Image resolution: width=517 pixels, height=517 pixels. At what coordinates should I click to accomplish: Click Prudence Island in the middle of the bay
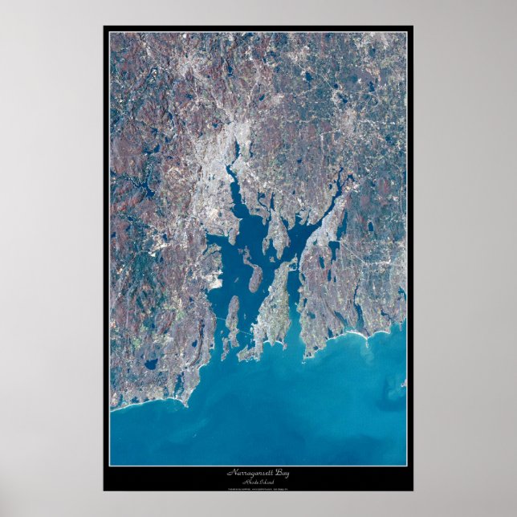point(255,278)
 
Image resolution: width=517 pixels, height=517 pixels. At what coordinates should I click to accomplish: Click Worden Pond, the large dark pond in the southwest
point(151,365)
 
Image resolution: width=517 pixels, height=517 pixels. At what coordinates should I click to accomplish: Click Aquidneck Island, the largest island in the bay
point(277,313)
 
